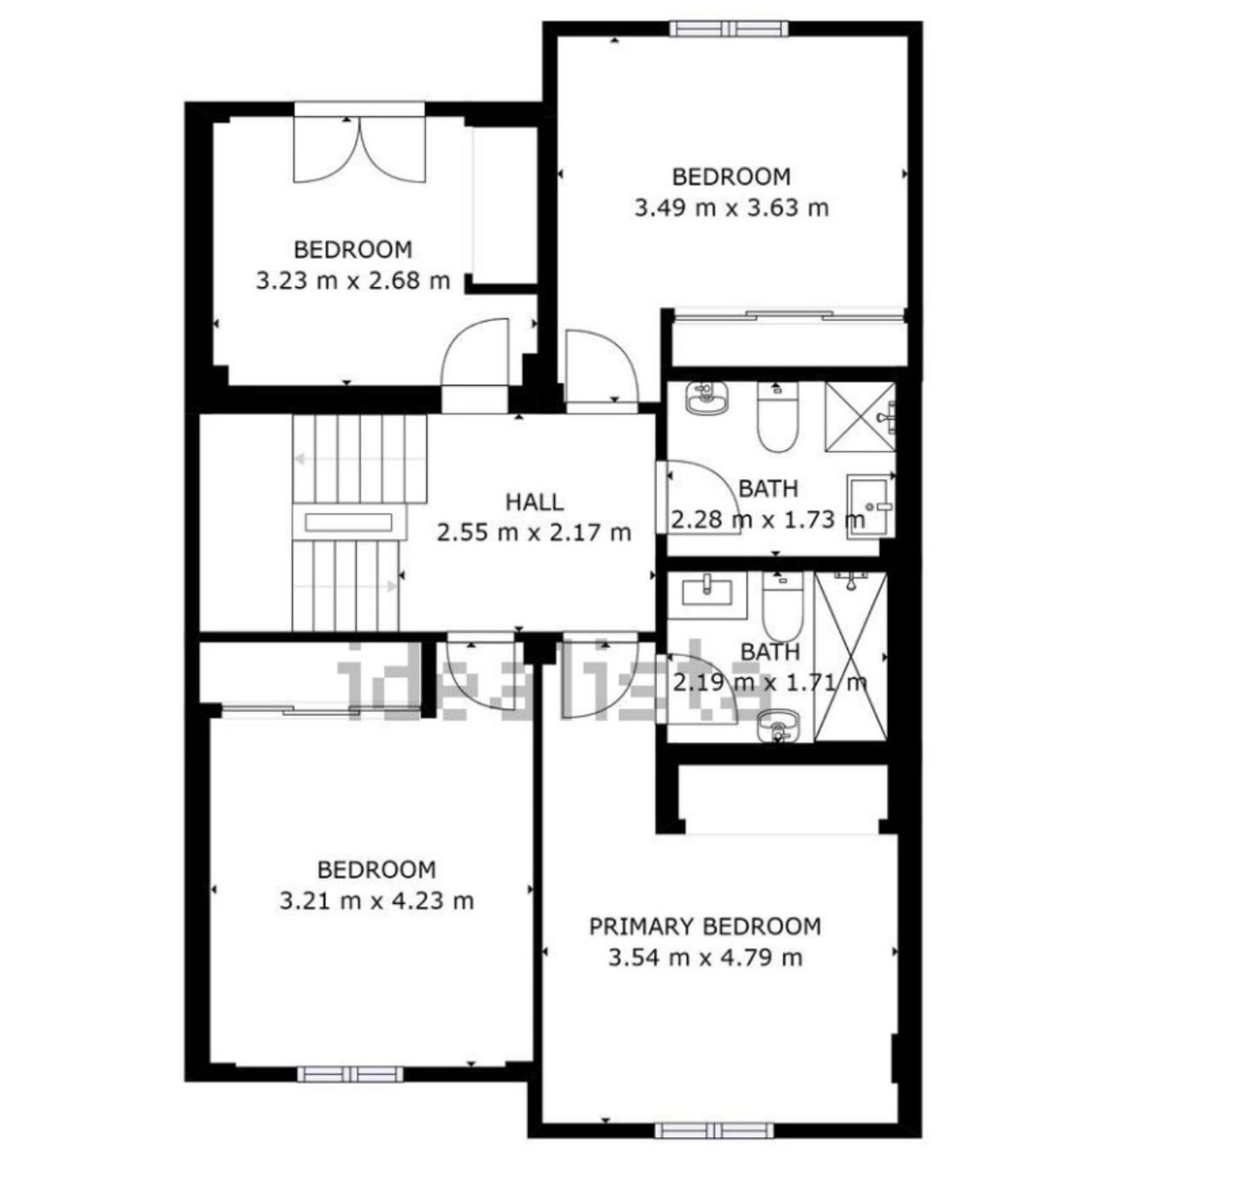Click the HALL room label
[x=534, y=502]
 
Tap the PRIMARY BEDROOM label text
[x=705, y=927]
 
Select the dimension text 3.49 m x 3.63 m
[x=731, y=207]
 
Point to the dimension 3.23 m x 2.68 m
[x=353, y=279]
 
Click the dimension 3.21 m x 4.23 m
[x=376, y=901]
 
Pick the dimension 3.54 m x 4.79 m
[x=706, y=957]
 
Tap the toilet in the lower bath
[x=782, y=606]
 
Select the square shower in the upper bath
[x=859, y=417]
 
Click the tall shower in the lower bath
[x=850, y=656]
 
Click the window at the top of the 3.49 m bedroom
[x=730, y=28]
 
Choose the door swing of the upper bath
[x=702, y=498]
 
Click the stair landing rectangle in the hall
[x=349, y=522]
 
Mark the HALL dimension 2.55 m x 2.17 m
[x=534, y=531]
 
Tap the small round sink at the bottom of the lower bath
[x=779, y=724]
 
